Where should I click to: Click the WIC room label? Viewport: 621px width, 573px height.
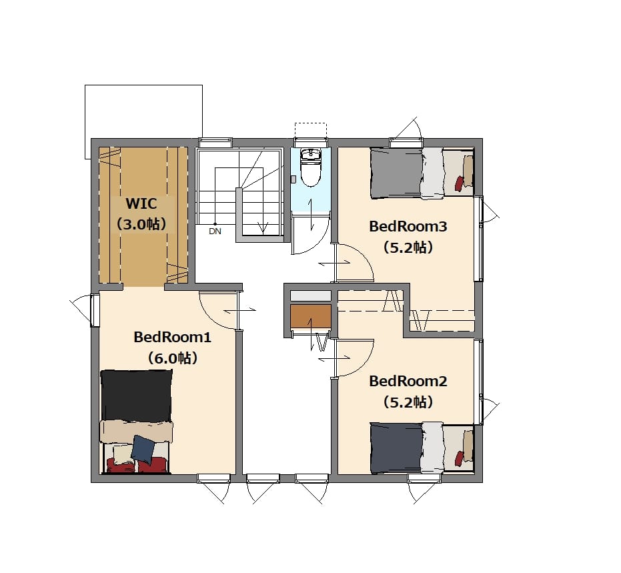point(141,204)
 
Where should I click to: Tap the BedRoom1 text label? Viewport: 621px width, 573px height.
point(172,338)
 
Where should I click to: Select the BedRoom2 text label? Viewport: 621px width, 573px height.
point(408,382)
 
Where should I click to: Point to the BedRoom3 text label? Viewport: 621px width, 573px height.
point(408,227)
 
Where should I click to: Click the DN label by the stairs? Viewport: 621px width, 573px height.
point(215,231)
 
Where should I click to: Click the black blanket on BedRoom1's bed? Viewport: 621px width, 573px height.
point(136,396)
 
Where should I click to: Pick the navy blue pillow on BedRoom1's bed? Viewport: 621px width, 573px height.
point(143,449)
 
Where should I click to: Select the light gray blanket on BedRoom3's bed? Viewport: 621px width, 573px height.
point(432,173)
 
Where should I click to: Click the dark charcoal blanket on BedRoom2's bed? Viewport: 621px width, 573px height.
point(396,448)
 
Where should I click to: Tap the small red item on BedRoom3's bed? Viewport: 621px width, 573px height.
point(459,183)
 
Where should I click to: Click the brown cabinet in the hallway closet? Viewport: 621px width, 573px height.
point(311,316)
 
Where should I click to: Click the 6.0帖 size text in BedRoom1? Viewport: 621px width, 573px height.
point(172,359)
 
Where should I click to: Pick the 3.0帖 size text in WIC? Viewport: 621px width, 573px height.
point(141,225)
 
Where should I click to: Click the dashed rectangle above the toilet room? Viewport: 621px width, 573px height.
point(311,130)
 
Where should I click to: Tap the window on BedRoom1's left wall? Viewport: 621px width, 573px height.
point(95,310)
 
